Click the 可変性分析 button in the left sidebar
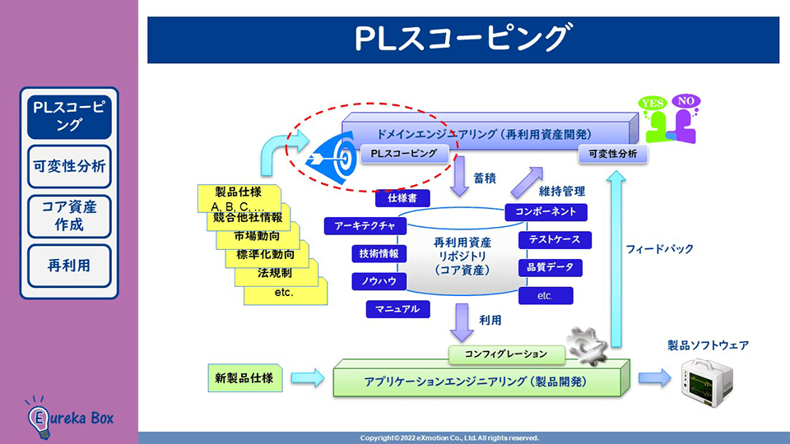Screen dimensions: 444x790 pos(69,166)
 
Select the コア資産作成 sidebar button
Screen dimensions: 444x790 pos(69,215)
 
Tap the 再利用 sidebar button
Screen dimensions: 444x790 pos(69,266)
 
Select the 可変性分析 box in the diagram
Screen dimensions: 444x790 pos(613,154)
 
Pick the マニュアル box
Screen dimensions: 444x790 pos(397,309)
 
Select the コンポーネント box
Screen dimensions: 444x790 pos(551,212)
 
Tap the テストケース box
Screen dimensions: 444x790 pos(554,240)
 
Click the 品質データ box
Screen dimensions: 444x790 pos(551,267)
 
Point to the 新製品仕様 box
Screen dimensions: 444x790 pos(244,378)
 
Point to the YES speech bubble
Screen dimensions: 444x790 pos(653,104)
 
